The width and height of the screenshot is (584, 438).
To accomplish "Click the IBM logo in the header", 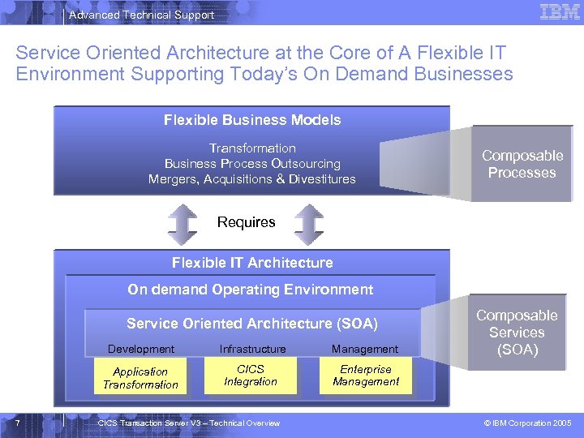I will click(x=559, y=12).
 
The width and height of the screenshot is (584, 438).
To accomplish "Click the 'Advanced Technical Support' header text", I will click(x=142, y=15).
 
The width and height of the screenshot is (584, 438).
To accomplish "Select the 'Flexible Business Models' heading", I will click(x=252, y=120).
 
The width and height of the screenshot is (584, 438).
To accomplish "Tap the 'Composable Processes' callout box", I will click(x=522, y=164).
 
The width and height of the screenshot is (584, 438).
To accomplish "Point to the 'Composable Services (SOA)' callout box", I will click(x=517, y=333).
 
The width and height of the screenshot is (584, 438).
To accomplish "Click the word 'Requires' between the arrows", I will click(x=247, y=222).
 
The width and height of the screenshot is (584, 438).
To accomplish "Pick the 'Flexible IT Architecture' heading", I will click(x=252, y=263).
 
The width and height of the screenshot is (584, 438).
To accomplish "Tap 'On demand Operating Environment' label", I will click(x=251, y=290).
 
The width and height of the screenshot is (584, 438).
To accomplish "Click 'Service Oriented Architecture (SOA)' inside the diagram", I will click(x=252, y=324).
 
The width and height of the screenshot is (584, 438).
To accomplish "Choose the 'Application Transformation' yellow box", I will click(x=140, y=378).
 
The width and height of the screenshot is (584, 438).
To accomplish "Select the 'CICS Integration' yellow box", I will click(x=251, y=376).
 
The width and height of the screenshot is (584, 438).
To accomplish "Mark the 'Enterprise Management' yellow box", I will click(x=366, y=376).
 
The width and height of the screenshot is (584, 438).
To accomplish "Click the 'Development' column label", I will click(x=141, y=349).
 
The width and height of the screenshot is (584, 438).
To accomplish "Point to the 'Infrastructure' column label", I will click(x=252, y=349).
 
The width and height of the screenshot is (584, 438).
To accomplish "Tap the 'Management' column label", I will click(x=365, y=349).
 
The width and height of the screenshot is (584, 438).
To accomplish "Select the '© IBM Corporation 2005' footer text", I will click(x=527, y=423).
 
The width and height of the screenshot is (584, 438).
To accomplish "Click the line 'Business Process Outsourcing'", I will click(x=252, y=164).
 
